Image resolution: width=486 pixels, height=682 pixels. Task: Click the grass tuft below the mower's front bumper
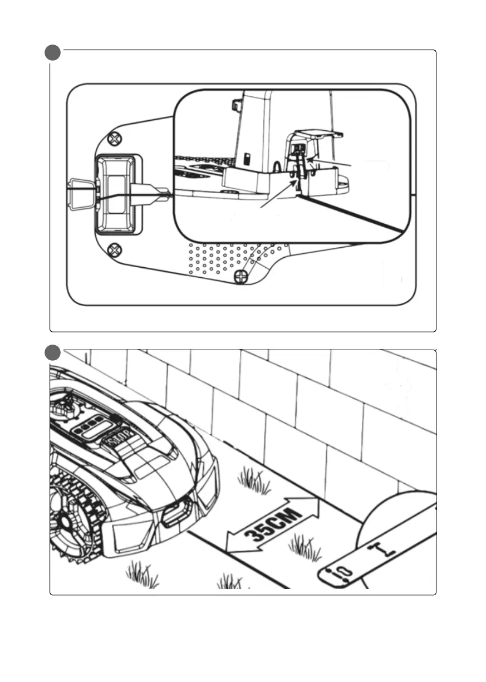pos(141,573)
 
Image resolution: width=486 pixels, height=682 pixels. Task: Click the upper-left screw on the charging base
pos(114,138)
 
